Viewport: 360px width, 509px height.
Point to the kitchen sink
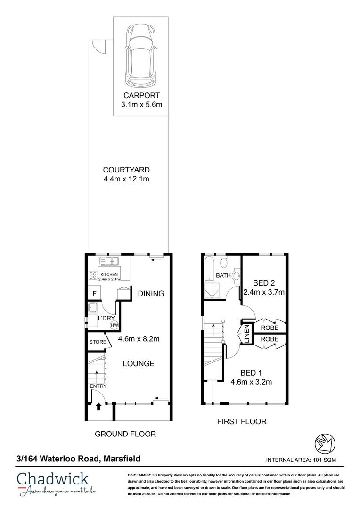tap(110, 261)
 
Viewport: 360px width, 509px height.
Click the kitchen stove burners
tap(91, 277)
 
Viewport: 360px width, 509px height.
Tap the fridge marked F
tap(94, 294)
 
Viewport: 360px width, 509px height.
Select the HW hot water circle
tap(114, 325)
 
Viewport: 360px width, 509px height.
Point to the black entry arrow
tap(99, 407)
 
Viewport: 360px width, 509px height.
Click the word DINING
tap(151, 294)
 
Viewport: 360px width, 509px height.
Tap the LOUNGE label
tap(139, 363)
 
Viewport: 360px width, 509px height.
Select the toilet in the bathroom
tap(224, 262)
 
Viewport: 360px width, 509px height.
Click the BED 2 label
tap(263, 283)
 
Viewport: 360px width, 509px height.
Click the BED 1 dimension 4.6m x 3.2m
tap(251, 382)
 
